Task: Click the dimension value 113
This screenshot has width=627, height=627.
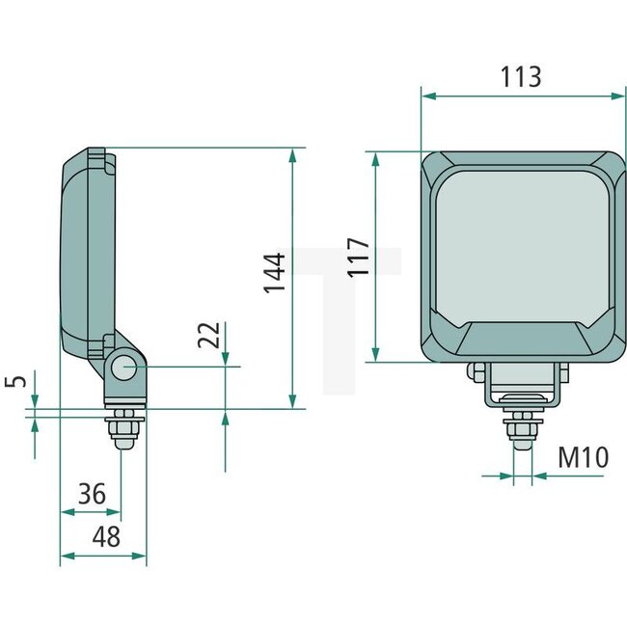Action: coord(522,77)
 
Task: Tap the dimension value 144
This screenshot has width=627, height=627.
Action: coord(275,273)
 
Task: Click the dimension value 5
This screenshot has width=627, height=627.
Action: coord(13,380)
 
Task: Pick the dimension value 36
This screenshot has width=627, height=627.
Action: coord(92,495)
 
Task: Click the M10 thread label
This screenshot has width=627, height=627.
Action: coord(585,456)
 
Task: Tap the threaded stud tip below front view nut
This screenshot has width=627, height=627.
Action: coord(522,443)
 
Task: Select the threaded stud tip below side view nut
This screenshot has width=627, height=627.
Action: coord(124,441)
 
